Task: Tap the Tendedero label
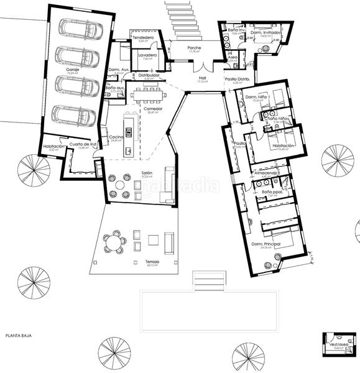[x=143, y=37]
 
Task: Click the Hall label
[x=202, y=78]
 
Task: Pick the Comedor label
[x=153, y=109]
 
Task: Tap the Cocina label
[x=116, y=137]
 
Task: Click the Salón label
[x=147, y=173]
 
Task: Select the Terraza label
[x=152, y=262]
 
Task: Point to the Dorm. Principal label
[x=264, y=244]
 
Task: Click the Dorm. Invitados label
[x=268, y=32]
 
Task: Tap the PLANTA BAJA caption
[x=19, y=336]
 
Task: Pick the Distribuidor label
[x=149, y=75]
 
